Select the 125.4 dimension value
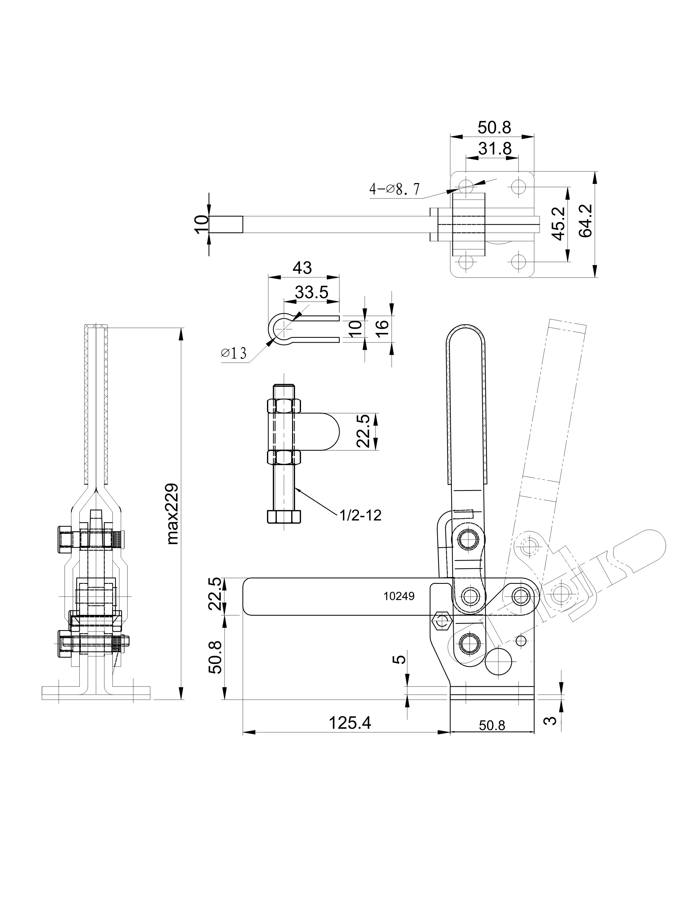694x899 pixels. pyautogui.click(x=350, y=722)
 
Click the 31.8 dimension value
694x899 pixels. pyautogui.click(x=495, y=148)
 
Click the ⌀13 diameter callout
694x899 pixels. pyautogui.click(x=234, y=353)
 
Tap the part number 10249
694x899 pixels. pyautogui.click(x=399, y=596)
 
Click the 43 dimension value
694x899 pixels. pyautogui.click(x=302, y=268)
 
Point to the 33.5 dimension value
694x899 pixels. pyautogui.click(x=312, y=292)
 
